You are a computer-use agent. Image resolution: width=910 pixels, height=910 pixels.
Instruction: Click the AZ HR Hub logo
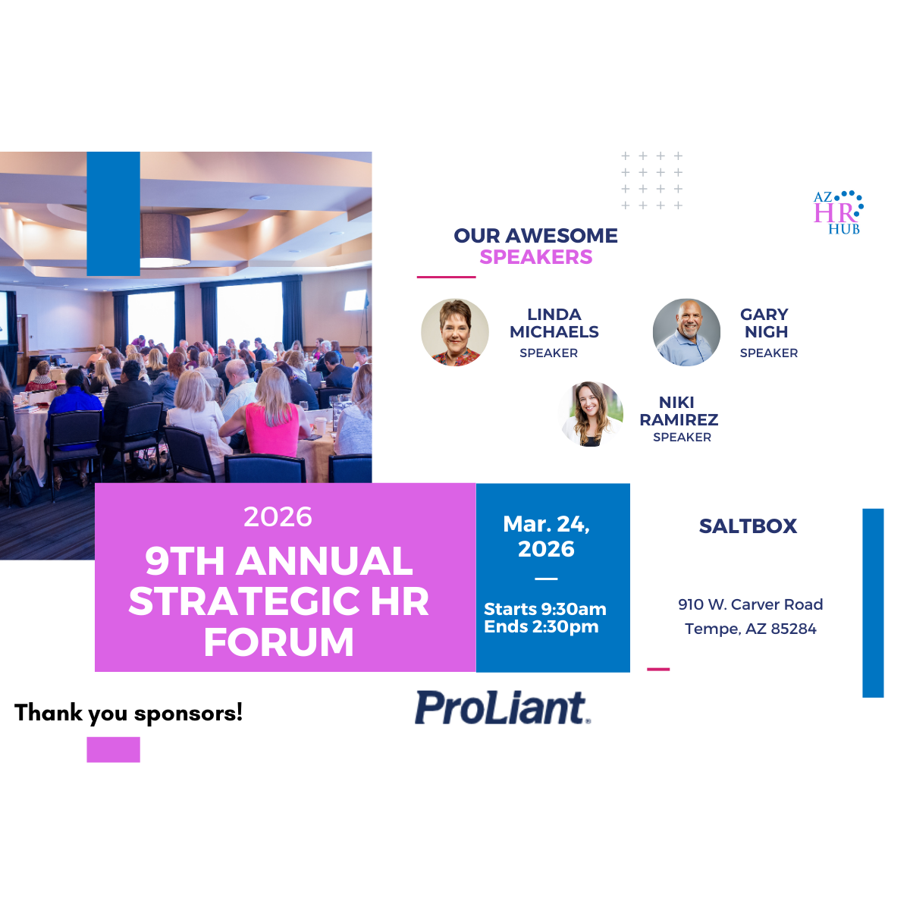[x=838, y=212]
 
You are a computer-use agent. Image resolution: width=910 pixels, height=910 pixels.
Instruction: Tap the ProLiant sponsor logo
[x=502, y=708]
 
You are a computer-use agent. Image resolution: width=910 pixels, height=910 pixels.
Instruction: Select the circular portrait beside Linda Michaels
[x=455, y=332]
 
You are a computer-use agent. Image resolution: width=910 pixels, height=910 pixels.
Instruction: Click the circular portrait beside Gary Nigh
[x=686, y=332]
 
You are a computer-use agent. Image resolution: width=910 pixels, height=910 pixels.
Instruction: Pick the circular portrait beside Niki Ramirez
[x=591, y=414]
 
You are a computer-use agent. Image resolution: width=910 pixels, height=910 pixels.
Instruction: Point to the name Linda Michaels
[x=554, y=323]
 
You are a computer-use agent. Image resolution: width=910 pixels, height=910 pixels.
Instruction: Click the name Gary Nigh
[x=764, y=323]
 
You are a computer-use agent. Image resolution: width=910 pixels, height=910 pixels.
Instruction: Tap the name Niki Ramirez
[x=679, y=411]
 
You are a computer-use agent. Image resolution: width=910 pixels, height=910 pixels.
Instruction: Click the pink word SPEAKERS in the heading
[x=536, y=257]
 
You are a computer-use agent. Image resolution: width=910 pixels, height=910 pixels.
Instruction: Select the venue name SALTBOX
[x=748, y=526]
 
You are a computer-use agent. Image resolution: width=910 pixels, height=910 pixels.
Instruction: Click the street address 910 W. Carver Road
[x=750, y=604]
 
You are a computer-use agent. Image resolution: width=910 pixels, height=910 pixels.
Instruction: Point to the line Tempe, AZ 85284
[x=750, y=629]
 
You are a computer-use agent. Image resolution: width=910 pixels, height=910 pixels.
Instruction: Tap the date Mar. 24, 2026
[x=546, y=536]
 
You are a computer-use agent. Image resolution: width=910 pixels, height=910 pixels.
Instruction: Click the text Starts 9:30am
[x=544, y=609]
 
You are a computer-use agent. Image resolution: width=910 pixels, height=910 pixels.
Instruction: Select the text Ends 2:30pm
[x=541, y=626]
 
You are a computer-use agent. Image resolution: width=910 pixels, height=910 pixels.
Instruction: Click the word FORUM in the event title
[x=278, y=642]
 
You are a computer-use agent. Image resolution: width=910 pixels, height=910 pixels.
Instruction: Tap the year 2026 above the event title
[x=278, y=516]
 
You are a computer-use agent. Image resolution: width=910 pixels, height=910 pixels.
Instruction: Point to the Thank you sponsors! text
[x=128, y=713]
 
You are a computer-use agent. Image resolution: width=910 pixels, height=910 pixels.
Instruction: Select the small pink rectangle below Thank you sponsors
[x=113, y=749]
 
